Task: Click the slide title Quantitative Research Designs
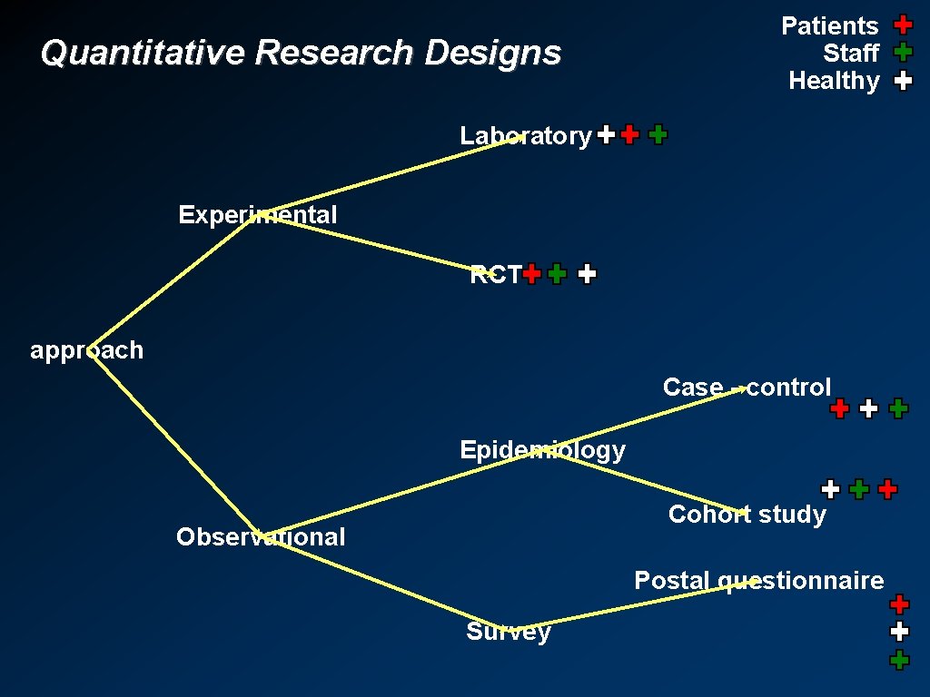point(301,53)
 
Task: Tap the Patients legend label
point(829,25)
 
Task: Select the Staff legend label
point(850,53)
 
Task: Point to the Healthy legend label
point(834,81)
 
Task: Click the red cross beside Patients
point(903,25)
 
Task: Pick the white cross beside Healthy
point(903,81)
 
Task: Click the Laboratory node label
point(525,136)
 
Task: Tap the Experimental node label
point(257,215)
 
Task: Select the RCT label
point(495,274)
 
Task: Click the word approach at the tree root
point(86,350)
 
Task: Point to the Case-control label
point(747,388)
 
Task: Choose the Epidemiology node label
point(542,450)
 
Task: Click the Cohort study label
point(747,515)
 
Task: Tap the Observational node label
point(261,537)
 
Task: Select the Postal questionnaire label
point(758,580)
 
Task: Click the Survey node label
point(508,632)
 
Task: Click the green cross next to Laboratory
point(658,135)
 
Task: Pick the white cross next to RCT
point(588,273)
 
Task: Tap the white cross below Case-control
point(868,408)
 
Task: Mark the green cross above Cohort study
point(858,490)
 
